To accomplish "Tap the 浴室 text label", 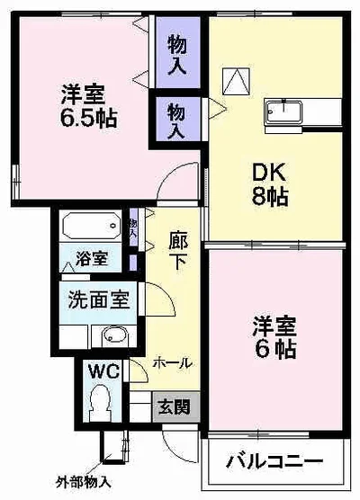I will click(92, 259).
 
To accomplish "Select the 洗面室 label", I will click(98, 299).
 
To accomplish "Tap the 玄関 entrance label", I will click(175, 406).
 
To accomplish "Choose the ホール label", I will click(171, 363).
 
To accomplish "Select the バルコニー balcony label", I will click(274, 462).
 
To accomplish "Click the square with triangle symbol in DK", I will click(233, 83).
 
